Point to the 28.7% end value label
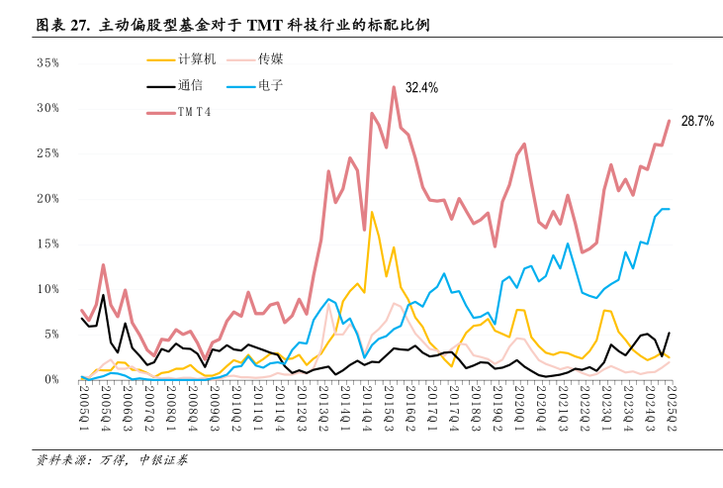[x=696, y=121]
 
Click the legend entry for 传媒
[x=271, y=60]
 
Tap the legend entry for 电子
[x=271, y=85]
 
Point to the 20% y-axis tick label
[x=47, y=198]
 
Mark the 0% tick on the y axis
[x=51, y=379]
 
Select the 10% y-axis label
[x=47, y=289]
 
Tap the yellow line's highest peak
[x=372, y=212]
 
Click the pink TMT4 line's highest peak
[x=394, y=87]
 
